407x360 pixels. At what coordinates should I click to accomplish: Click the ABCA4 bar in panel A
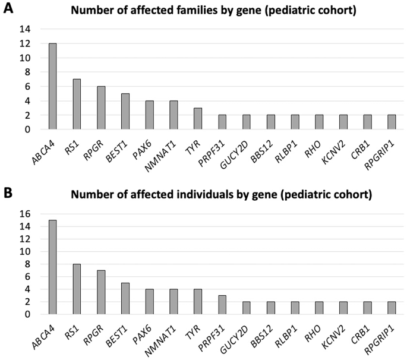coord(53,86)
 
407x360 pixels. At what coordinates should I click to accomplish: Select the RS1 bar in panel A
coord(77,104)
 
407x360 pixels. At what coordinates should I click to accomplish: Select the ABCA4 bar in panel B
coord(53,267)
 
